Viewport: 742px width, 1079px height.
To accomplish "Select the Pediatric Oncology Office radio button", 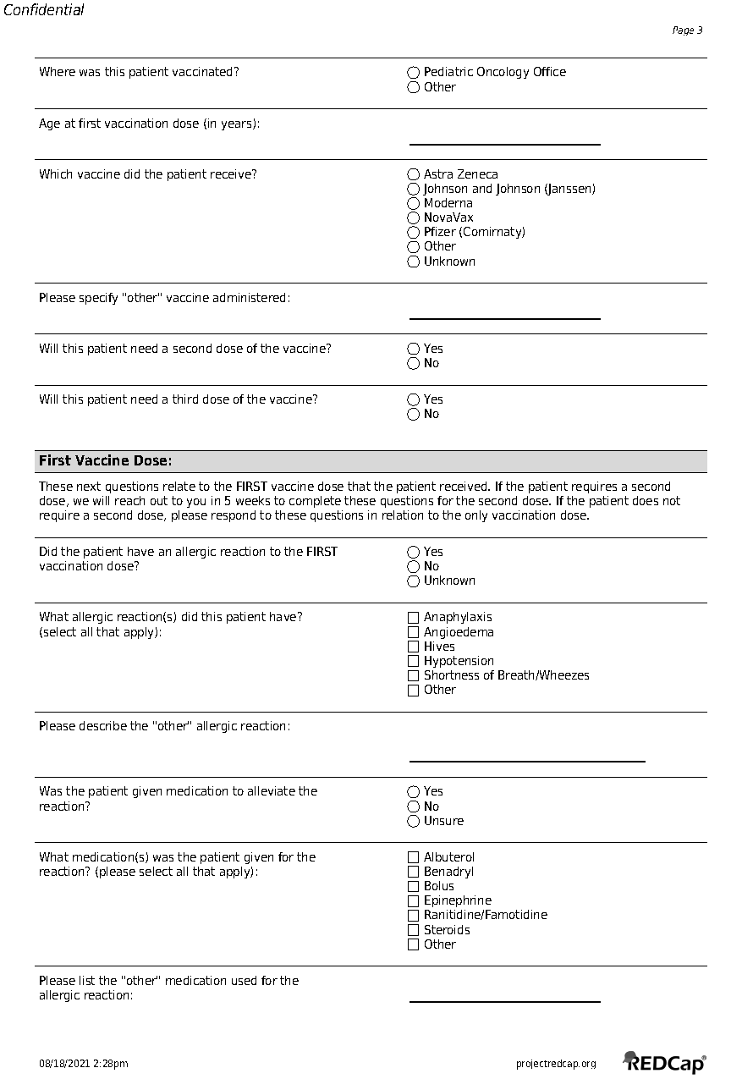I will tap(414, 73).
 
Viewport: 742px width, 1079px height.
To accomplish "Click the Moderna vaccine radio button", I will tap(414, 203).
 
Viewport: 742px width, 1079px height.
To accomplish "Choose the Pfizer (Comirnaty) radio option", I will tap(414, 232).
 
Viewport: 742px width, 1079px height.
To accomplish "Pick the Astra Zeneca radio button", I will tap(414, 174).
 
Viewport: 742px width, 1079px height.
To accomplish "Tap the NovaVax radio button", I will tap(414, 217).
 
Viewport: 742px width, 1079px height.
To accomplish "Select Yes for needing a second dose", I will tap(414, 349).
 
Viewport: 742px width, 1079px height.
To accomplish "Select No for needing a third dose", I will tap(414, 414).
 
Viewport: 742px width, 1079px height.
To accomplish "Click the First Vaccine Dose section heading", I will tap(106, 461).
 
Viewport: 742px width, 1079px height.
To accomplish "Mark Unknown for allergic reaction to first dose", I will tap(414, 581).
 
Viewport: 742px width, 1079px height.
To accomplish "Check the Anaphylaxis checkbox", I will tap(414, 618).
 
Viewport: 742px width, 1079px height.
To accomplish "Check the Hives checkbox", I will tap(414, 647).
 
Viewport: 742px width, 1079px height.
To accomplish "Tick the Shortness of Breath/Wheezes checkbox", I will tap(414, 675).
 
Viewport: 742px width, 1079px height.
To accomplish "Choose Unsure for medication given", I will tap(414, 821).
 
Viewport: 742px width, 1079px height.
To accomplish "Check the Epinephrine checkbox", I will tap(414, 900).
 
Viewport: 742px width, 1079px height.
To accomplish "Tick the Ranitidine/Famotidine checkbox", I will tap(414, 915).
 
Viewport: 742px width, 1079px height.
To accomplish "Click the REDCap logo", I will tap(665, 1063).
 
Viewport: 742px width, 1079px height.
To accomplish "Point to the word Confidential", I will tap(44, 11).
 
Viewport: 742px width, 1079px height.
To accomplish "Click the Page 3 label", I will tap(687, 30).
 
